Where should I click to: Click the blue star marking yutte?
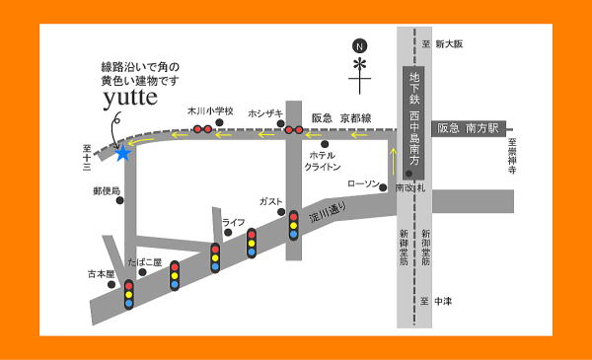[x=122, y=153]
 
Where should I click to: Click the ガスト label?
[x=270, y=201]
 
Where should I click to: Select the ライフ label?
[x=233, y=222]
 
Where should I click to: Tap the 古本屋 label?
[x=102, y=273]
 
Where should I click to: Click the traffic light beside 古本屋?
[x=128, y=294]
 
